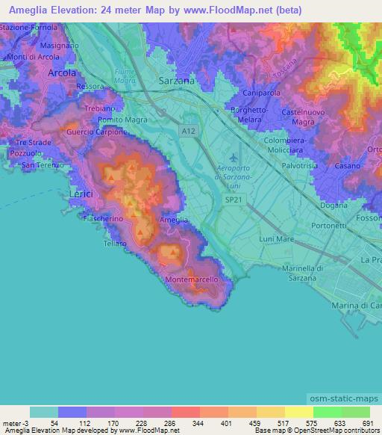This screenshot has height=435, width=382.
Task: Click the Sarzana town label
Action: click(177, 79)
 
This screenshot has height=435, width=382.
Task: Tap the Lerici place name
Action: click(81, 194)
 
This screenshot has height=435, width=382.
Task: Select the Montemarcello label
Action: click(191, 279)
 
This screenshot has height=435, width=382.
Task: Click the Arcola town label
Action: click(62, 73)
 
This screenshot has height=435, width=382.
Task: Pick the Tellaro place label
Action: click(116, 243)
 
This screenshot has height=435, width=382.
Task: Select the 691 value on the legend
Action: click(368, 423)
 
